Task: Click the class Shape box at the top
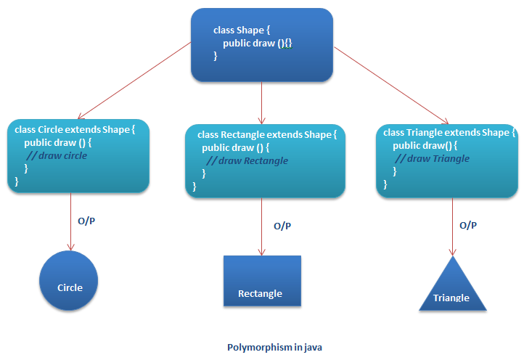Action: pos(261,44)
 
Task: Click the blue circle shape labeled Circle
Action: pos(70,282)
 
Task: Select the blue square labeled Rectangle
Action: pos(261,281)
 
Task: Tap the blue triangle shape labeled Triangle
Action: pos(451,287)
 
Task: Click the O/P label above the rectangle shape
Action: pos(283,226)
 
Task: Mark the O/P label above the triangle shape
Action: pos(468,225)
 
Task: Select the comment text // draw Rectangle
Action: pos(247,160)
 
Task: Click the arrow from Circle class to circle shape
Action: pos(70,221)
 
